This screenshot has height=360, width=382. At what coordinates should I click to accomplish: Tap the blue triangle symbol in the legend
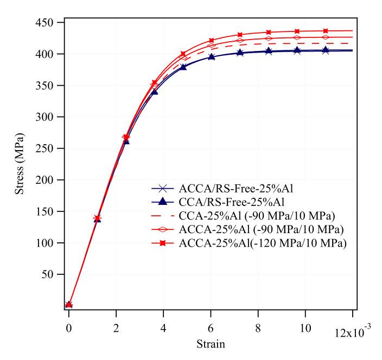point(163,203)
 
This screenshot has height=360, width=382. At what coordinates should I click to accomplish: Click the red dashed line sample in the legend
point(163,216)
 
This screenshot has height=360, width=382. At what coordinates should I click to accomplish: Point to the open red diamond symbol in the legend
point(163,230)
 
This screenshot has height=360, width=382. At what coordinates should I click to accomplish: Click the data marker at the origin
point(69,305)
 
